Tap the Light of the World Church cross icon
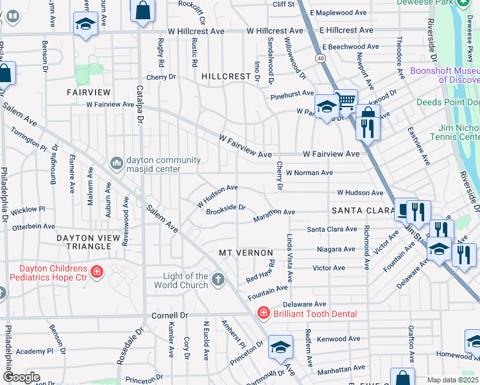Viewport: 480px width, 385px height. (x=218, y=279)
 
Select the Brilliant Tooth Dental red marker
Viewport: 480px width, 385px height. (x=262, y=313)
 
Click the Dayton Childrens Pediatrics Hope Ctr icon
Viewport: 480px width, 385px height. (x=97, y=273)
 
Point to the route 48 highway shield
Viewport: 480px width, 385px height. (x=319, y=58)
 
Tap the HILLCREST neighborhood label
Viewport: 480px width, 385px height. (x=226, y=76)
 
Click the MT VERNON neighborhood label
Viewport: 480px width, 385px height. (x=246, y=253)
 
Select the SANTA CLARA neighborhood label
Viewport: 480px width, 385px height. (x=361, y=210)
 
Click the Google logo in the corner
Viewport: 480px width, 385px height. (x=21, y=377)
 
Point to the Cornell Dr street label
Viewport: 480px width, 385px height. (x=169, y=316)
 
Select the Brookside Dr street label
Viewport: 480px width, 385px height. (x=226, y=207)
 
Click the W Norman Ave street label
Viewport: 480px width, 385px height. (x=309, y=173)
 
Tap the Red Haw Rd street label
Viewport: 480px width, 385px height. (x=261, y=273)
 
